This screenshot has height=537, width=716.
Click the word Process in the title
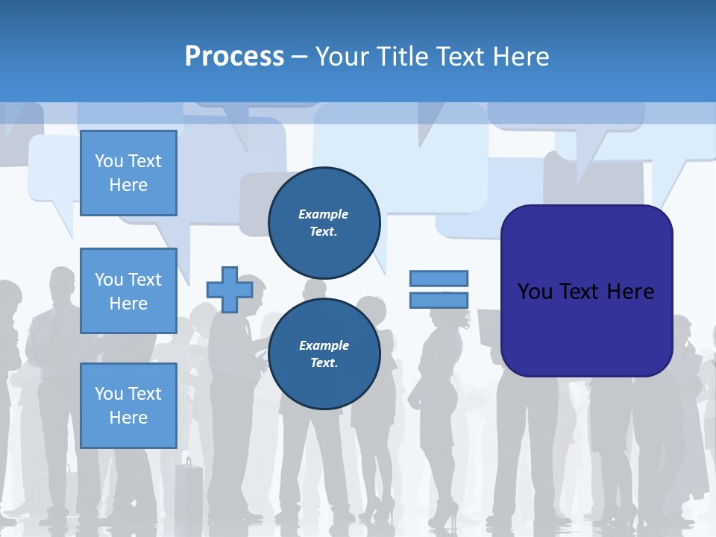[234, 57]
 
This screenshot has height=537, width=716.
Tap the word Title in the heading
[400, 57]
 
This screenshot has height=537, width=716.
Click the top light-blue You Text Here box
[128, 173]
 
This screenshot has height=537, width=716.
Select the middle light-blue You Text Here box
[128, 291]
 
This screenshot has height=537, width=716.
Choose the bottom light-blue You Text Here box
[128, 406]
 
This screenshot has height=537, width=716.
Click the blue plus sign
[230, 289]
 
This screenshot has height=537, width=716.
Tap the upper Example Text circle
[324, 223]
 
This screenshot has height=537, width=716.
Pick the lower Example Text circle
[324, 354]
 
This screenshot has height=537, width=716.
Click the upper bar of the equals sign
[439, 278]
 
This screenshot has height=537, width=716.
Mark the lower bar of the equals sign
[439, 300]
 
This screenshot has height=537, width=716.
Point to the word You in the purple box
[535, 292]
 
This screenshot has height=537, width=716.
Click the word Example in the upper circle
[324, 214]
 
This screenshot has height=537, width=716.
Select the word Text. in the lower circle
[324, 363]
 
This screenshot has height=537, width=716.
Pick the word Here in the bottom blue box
[128, 418]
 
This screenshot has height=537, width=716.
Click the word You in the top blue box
[108, 161]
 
